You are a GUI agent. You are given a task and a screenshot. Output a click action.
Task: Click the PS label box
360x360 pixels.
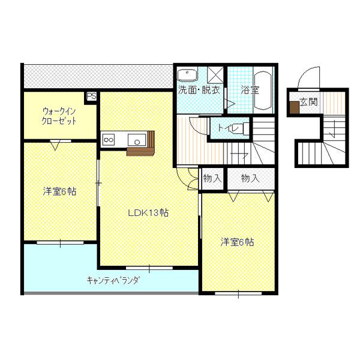tap(92, 95)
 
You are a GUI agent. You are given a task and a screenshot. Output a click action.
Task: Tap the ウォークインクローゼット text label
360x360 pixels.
tap(58, 116)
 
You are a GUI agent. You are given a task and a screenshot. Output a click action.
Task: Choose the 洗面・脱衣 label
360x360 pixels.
tap(199, 91)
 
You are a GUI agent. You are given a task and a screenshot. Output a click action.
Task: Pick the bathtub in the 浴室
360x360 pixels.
tap(263, 90)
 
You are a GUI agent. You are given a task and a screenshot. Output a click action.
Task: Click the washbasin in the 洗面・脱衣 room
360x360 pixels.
tap(188, 75)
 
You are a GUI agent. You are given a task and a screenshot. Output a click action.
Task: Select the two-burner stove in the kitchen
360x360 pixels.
tap(109, 140)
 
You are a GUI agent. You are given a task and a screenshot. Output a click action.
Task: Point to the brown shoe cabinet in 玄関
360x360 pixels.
tap(295, 108)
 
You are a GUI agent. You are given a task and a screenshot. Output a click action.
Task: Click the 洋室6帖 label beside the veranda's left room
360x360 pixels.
tap(58, 192)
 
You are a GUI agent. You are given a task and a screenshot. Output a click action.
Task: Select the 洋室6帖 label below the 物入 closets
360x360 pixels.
tap(236, 242)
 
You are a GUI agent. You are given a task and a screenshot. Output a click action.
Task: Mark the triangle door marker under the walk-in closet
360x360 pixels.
tap(55, 144)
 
